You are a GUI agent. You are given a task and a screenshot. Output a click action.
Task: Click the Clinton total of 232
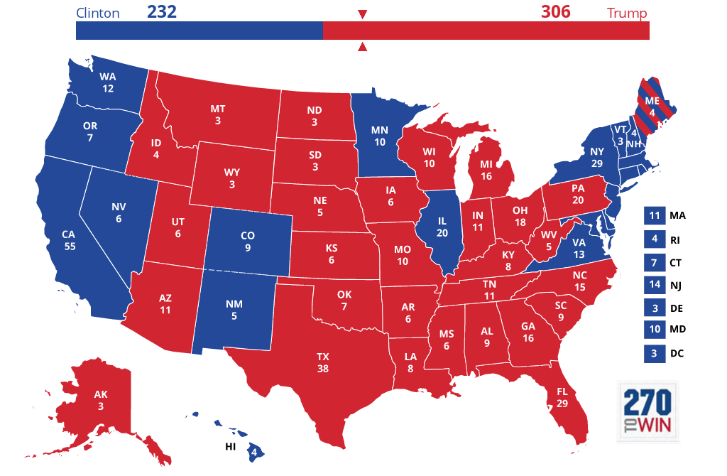click(x=162, y=12)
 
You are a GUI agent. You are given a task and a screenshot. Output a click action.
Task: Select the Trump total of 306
click(x=556, y=12)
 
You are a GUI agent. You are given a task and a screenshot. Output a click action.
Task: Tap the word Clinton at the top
click(x=98, y=13)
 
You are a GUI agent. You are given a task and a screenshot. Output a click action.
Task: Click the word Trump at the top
click(x=628, y=13)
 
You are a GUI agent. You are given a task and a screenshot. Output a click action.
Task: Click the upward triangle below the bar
click(x=362, y=47)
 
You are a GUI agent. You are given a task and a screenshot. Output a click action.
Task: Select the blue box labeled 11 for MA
click(x=653, y=215)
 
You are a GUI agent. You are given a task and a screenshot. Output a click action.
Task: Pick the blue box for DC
click(x=653, y=353)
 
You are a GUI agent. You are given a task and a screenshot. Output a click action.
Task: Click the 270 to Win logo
click(x=647, y=411)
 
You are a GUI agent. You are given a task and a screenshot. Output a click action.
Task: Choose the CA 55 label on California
click(x=69, y=240)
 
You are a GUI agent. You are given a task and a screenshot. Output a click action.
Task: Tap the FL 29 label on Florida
click(x=563, y=397)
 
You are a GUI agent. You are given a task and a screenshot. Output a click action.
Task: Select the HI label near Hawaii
click(x=230, y=446)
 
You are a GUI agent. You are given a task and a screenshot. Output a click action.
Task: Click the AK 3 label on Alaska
click(x=101, y=401)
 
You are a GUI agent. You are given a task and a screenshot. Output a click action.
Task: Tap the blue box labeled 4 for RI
click(x=653, y=239)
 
